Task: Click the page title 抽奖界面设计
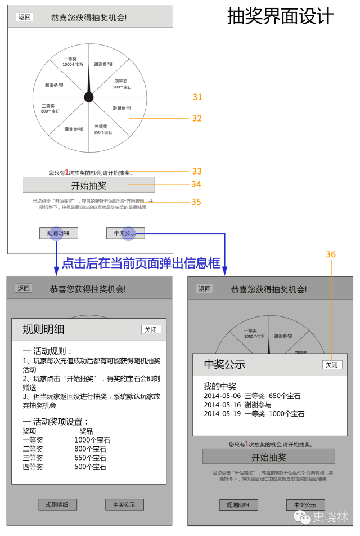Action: click(x=280, y=16)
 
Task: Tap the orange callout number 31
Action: click(x=197, y=97)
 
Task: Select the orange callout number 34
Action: click(x=196, y=184)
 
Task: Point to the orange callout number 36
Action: click(x=331, y=255)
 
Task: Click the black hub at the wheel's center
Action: click(x=89, y=97)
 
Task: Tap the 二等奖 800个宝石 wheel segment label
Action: click(x=49, y=108)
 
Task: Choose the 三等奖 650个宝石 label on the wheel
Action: click(x=102, y=129)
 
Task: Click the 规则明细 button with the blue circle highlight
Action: click(x=58, y=233)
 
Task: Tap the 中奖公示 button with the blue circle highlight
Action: click(x=125, y=233)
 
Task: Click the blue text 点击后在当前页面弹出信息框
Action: click(x=141, y=263)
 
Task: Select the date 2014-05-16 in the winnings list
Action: click(x=222, y=405)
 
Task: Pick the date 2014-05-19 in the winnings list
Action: click(x=222, y=414)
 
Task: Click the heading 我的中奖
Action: click(x=220, y=386)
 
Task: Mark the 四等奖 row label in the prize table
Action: click(x=33, y=467)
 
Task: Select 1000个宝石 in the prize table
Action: click(x=92, y=440)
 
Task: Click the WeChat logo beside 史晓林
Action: click(x=302, y=517)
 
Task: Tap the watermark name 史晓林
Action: click(x=330, y=517)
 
